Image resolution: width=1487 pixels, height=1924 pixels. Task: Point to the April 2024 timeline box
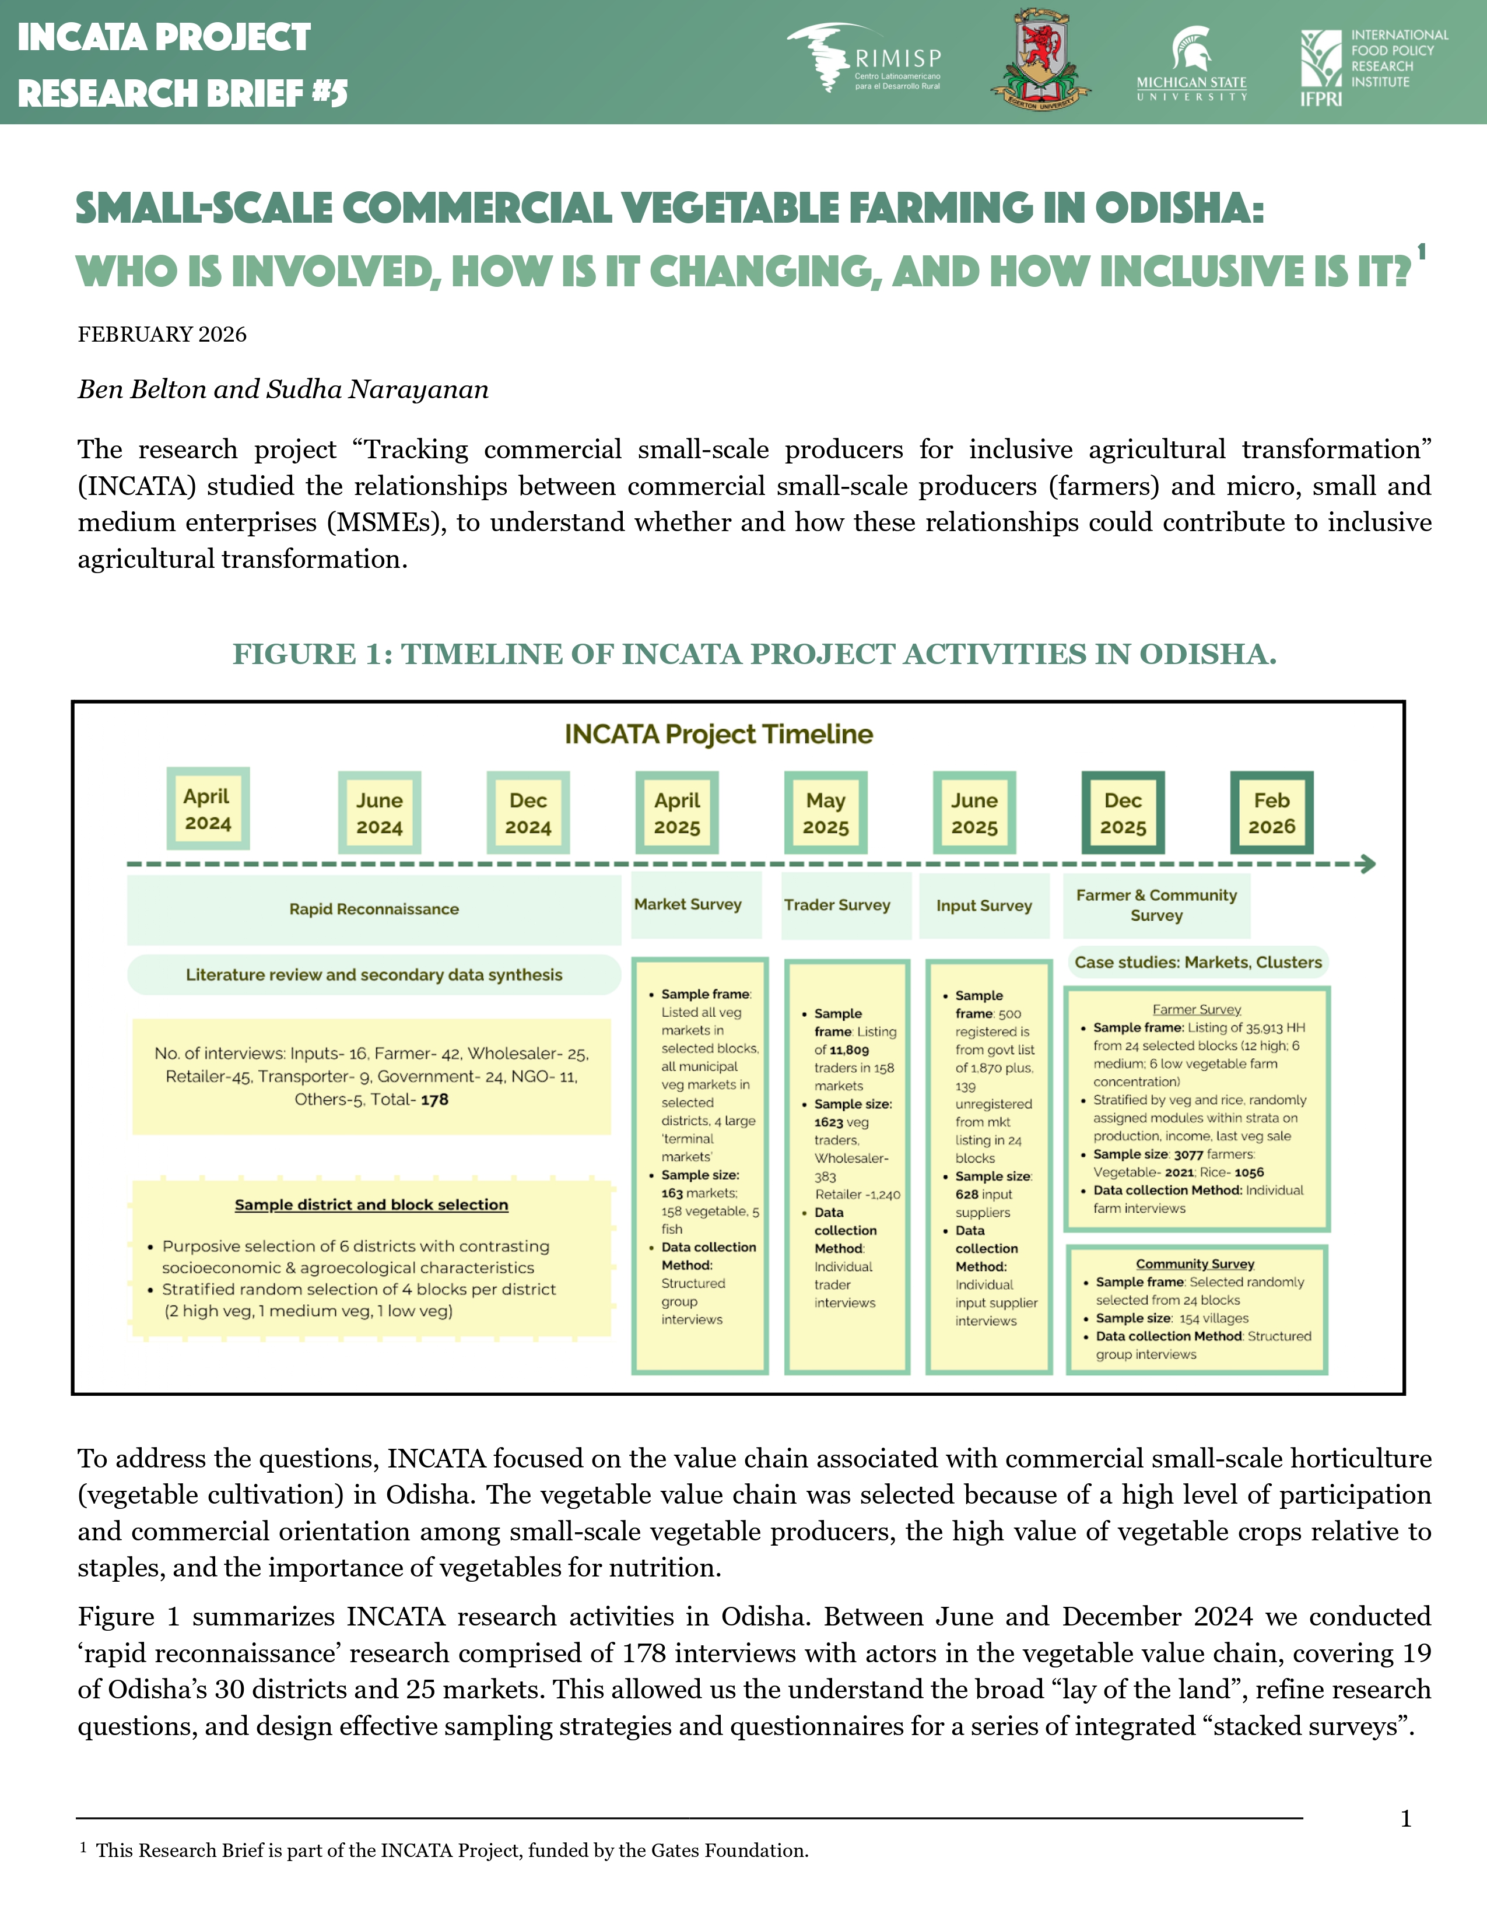[x=208, y=809]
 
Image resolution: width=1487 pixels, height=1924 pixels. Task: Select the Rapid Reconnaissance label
[x=374, y=909]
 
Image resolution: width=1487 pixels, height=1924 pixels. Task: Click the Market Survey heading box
[x=688, y=905]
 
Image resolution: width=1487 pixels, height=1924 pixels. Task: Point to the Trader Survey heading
[x=837, y=905]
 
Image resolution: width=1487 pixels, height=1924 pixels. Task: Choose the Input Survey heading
[x=984, y=905]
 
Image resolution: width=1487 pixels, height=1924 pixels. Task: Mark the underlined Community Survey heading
[x=1194, y=1264]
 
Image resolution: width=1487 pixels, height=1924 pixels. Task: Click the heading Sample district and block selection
[x=371, y=1205]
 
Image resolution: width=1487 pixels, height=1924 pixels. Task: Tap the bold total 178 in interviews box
[x=434, y=1100]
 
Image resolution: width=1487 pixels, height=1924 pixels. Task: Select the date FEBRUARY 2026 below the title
[x=162, y=335]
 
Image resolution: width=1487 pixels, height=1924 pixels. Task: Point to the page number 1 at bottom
[x=1406, y=1818]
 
